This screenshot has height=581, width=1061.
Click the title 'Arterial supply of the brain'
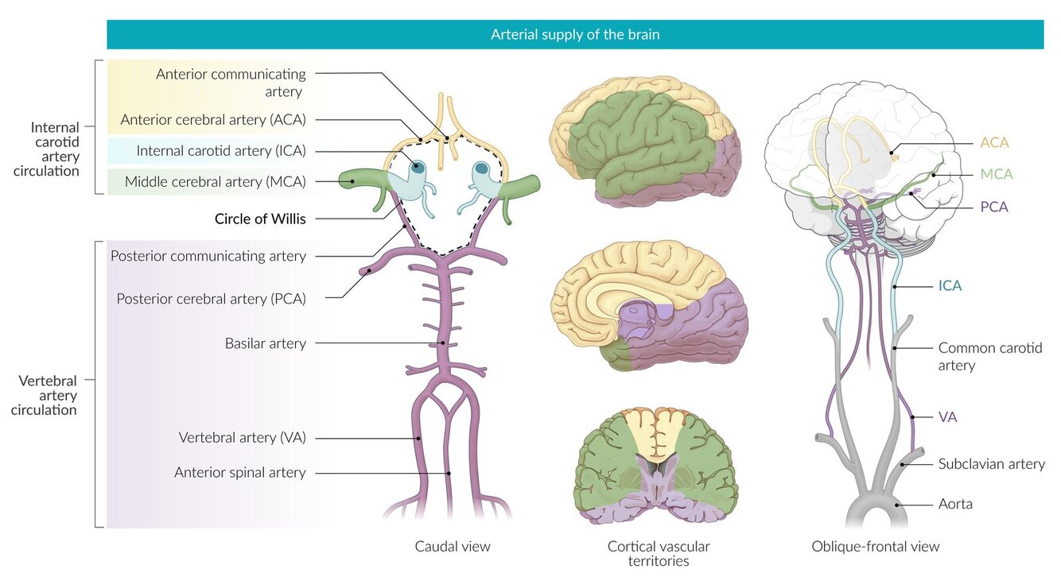click(x=574, y=35)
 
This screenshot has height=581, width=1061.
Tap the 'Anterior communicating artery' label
click(x=231, y=83)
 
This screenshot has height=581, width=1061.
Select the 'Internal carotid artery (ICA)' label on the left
click(x=221, y=151)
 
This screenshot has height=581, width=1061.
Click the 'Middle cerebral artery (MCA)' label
click(x=215, y=182)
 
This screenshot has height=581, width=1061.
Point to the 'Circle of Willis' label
click(x=260, y=219)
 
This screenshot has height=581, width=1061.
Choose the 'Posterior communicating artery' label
click(x=208, y=256)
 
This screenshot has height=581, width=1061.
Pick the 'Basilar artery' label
click(x=265, y=343)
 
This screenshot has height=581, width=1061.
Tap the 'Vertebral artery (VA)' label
click(x=242, y=437)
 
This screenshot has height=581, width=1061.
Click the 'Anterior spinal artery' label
click(x=239, y=472)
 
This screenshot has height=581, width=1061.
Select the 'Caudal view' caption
click(x=453, y=546)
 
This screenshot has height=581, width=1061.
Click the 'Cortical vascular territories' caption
click(x=659, y=553)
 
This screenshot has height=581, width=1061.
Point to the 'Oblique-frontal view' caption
click(x=875, y=546)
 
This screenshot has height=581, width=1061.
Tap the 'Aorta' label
click(x=955, y=504)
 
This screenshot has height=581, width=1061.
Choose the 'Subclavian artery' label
click(x=991, y=463)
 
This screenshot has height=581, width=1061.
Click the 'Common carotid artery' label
click(x=989, y=356)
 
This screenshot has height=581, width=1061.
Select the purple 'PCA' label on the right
click(x=994, y=207)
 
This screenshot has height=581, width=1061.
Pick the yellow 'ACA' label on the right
click(x=994, y=143)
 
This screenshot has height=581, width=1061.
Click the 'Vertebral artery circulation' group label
click(x=48, y=395)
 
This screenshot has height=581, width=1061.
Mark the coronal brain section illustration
click(x=657, y=465)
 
